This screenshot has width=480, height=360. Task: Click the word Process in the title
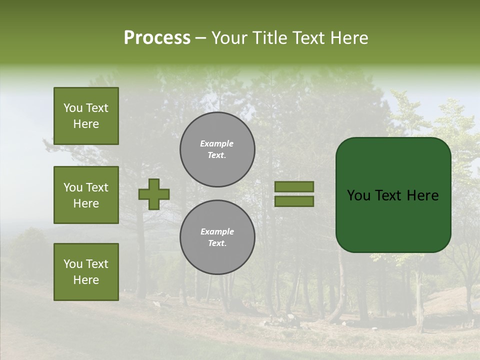157,38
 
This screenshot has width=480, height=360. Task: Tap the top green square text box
86,116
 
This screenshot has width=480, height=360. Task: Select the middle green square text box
86,195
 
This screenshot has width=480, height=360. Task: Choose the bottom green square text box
86,271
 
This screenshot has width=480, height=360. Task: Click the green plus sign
154,194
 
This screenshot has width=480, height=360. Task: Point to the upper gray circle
217,149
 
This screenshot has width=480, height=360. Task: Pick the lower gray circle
217,237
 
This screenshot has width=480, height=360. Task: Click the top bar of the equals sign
294,186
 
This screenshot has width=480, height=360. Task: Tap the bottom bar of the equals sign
294,201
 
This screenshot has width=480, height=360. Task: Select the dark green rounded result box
393,195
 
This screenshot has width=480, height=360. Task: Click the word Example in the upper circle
216,143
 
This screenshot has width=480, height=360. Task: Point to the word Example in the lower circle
217,231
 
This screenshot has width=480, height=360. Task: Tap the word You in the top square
72,108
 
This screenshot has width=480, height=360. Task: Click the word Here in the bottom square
86,280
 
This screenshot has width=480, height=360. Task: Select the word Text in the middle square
96,187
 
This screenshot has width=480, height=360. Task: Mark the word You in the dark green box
358,195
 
